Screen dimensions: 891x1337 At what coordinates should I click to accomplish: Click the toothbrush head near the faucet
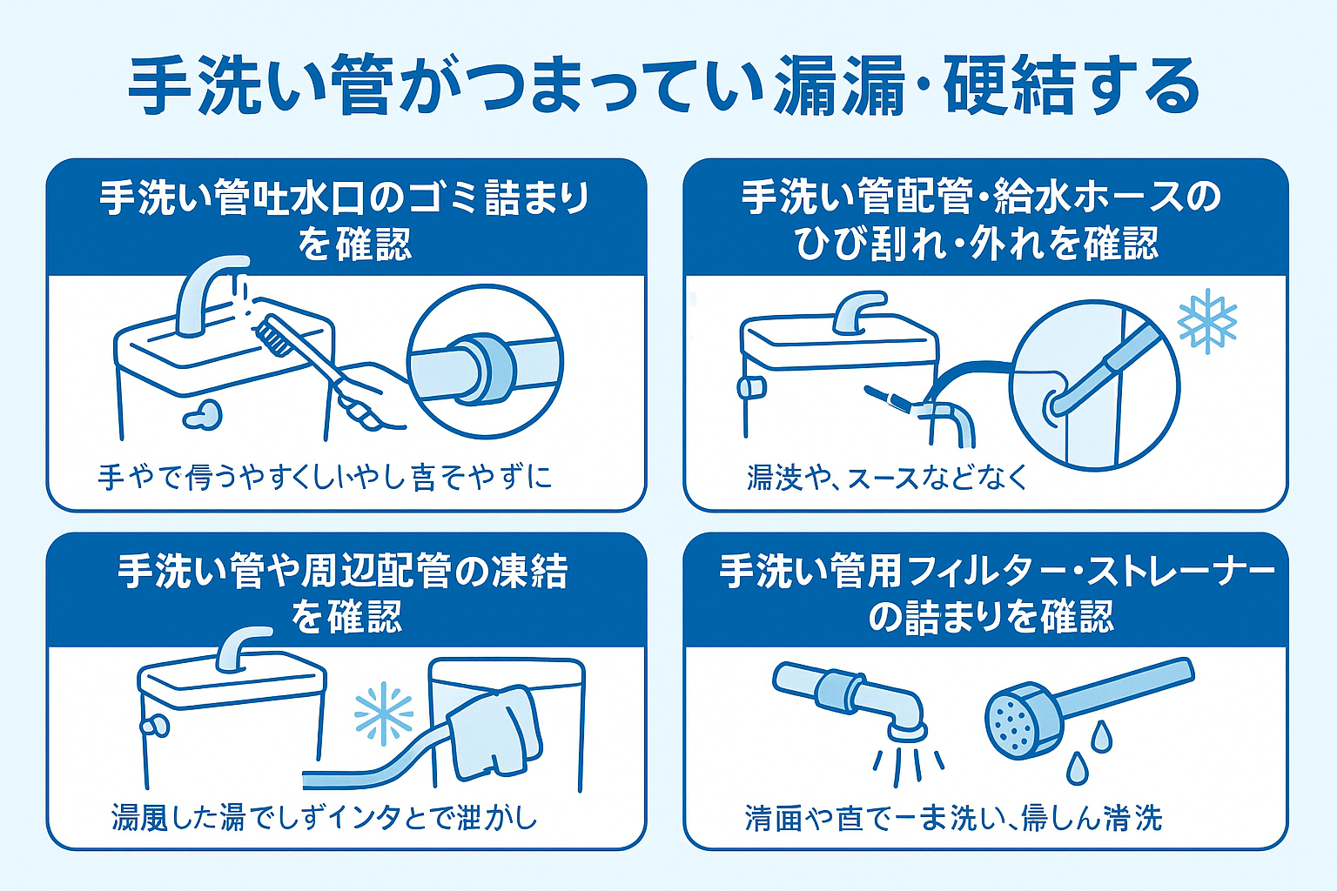[x=272, y=335]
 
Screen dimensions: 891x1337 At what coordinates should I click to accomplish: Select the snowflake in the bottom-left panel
[x=384, y=713]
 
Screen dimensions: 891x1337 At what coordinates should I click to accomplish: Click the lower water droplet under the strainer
[x=1078, y=768]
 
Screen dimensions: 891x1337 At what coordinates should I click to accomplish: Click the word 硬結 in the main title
[x=1009, y=87]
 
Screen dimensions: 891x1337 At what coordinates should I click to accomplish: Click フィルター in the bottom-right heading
[x=971, y=573]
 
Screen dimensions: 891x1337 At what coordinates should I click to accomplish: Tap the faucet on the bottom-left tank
[x=239, y=648]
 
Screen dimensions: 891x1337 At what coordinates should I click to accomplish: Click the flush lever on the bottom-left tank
[x=155, y=725]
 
